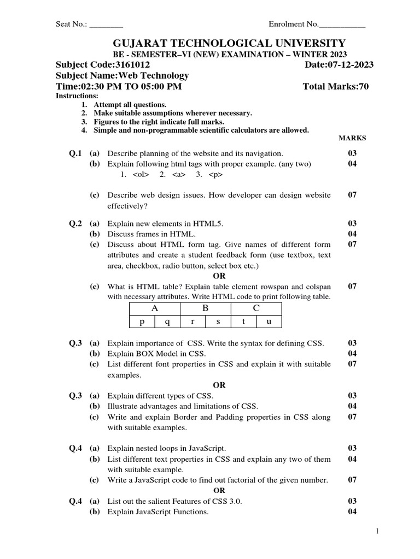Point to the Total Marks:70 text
[335, 86]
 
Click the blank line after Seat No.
[106, 25]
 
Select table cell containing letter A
[155, 308]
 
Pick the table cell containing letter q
[168, 322]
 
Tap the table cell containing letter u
[269, 322]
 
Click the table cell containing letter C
[256, 308]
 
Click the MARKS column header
[352, 138]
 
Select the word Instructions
[77, 96]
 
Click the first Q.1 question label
[75, 153]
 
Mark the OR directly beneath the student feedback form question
[219, 276]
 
